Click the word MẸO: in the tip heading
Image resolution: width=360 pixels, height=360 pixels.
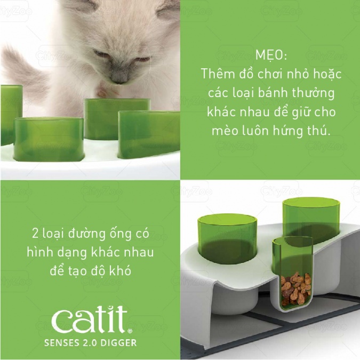271,55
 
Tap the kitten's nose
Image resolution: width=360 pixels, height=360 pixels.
119,79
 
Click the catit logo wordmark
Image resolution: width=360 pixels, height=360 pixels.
90,319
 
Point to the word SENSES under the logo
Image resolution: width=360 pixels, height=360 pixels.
60,343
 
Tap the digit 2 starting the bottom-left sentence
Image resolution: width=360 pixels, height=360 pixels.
35,234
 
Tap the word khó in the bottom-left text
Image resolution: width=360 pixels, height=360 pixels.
120,271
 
